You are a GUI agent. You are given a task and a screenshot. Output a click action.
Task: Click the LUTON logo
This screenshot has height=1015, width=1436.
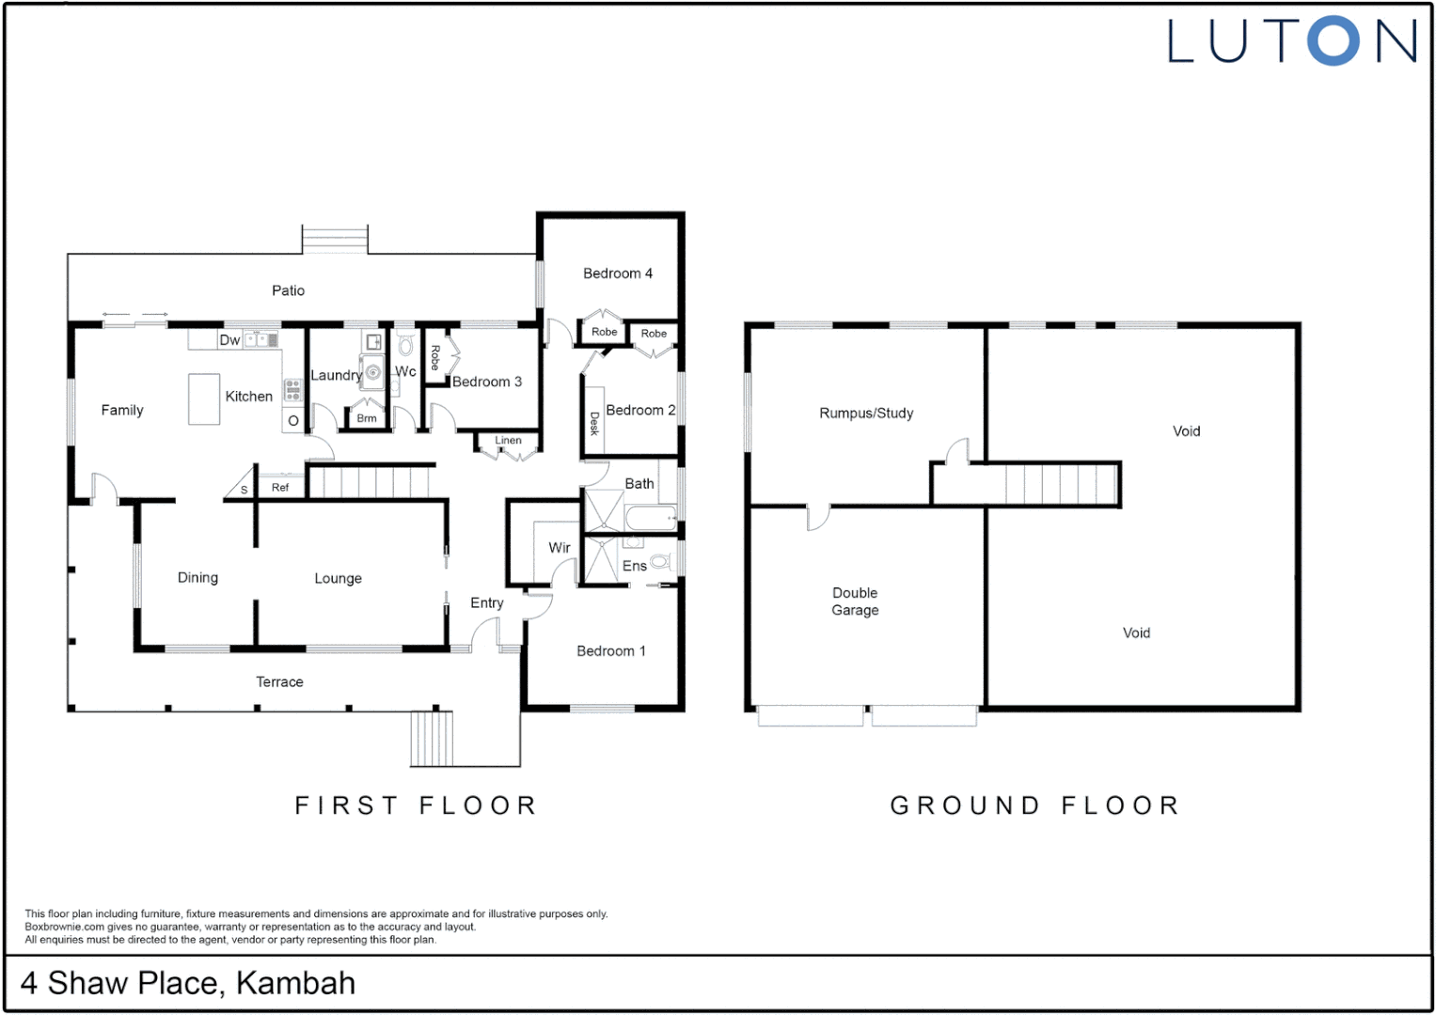1292,41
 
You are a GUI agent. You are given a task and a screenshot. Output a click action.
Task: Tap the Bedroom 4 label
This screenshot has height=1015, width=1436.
617,273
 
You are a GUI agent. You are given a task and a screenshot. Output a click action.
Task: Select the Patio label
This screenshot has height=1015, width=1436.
288,290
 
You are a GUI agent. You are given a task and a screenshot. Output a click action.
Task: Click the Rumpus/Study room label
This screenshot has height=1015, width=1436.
865,413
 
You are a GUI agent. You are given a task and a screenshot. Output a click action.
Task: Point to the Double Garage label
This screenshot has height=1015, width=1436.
855,601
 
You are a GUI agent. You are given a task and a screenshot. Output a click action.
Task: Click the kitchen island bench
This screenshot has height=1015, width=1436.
204,398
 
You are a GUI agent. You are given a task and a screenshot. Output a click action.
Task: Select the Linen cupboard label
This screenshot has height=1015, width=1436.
508,440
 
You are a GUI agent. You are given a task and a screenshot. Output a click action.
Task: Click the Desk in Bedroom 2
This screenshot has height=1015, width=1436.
593,422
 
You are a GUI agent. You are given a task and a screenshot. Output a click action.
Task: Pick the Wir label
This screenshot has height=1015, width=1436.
560,547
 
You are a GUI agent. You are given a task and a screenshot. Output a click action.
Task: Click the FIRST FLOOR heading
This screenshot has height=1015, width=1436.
416,805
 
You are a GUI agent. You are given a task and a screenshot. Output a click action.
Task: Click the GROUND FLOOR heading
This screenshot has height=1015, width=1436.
1034,805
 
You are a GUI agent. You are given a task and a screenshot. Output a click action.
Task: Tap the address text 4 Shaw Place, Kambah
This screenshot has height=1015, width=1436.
188,983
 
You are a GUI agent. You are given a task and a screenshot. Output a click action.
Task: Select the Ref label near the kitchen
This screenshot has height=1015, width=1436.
280,487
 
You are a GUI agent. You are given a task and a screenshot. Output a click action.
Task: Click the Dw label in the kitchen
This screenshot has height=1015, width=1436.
229,340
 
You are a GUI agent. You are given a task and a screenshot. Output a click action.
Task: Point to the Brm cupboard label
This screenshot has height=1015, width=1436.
367,418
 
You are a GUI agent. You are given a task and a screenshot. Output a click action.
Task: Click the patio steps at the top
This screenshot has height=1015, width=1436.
335,240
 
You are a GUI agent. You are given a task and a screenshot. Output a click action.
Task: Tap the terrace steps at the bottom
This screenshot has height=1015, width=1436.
432,739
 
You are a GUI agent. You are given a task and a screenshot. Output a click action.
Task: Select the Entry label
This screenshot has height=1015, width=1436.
487,602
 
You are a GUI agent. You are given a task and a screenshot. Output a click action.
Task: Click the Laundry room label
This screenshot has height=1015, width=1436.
336,375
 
